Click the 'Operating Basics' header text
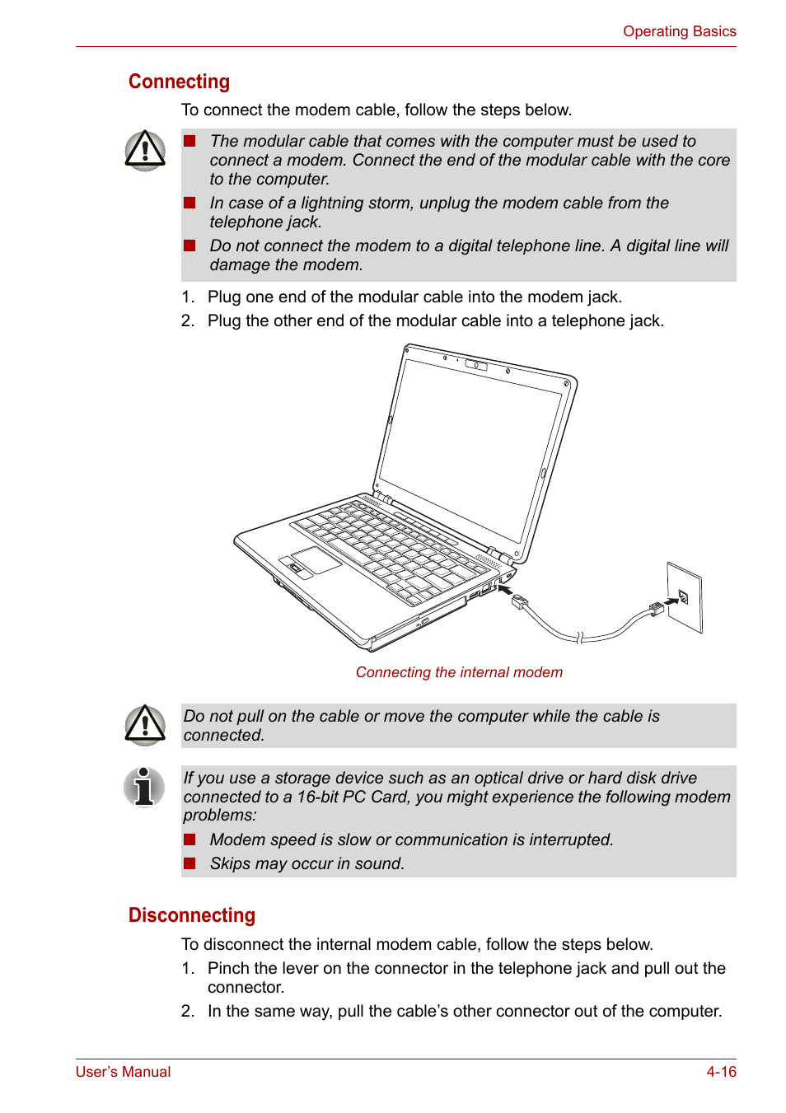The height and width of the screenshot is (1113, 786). [679, 31]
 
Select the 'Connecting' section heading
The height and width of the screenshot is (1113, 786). [179, 82]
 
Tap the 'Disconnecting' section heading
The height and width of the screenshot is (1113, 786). [191, 915]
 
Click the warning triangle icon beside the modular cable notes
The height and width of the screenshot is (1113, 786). [145, 151]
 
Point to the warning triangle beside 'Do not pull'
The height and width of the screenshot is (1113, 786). [145, 725]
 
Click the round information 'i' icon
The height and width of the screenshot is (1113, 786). [144, 787]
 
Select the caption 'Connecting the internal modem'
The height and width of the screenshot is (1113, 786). [459, 672]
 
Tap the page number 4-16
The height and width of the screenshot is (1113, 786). [721, 1072]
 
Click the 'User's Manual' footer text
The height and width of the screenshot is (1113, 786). [123, 1072]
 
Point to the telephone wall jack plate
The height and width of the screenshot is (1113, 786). [685, 597]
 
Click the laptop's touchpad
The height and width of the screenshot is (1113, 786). [316, 559]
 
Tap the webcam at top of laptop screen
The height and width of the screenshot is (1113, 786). [476, 365]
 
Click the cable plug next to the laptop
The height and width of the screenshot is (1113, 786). [520, 603]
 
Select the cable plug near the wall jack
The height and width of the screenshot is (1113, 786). [657, 609]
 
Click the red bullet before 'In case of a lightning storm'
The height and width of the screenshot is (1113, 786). [189, 203]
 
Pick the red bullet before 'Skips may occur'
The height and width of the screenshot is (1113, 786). [189, 863]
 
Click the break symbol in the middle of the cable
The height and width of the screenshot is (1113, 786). [580, 637]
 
